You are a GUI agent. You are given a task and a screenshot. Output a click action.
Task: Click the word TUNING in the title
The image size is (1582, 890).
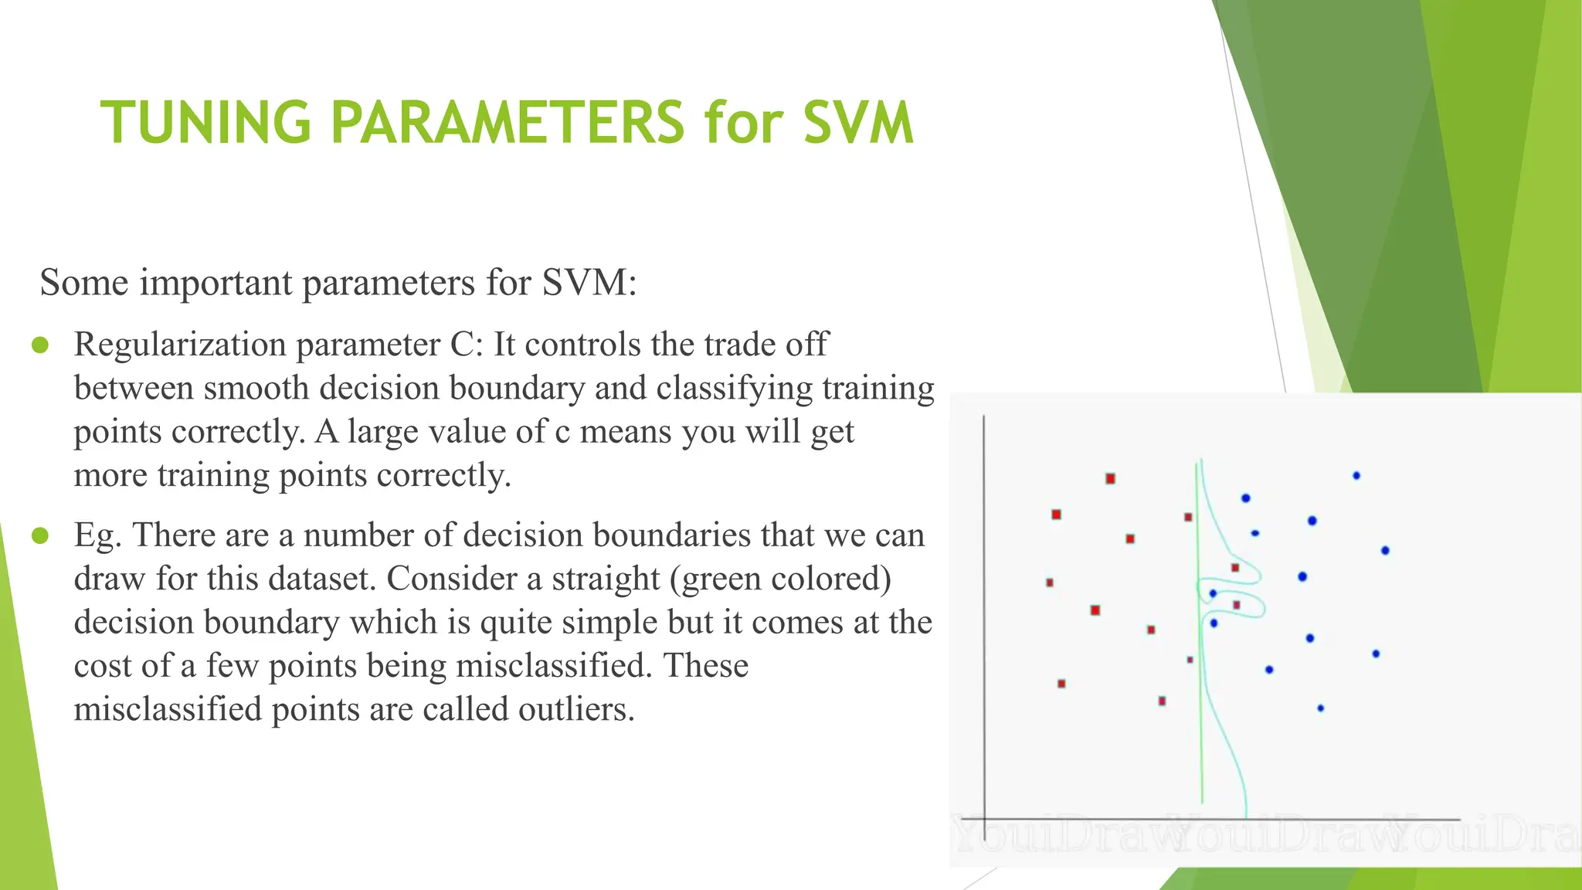(x=205, y=123)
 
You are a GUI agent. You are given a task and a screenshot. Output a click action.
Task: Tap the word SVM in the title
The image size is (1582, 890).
(x=858, y=123)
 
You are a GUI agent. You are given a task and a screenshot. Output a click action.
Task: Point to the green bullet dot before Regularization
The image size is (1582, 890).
(x=41, y=345)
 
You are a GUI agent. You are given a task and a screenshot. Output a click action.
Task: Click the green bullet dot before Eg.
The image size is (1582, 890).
(x=41, y=535)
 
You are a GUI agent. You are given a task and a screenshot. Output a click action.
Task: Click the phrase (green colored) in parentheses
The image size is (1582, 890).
(x=780, y=579)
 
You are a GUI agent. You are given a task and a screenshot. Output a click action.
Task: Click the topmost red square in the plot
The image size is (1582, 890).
(x=1110, y=479)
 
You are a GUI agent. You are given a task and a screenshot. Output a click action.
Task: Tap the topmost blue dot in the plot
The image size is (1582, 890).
(x=1356, y=476)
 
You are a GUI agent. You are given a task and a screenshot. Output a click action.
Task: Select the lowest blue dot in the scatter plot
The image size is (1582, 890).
(x=1320, y=708)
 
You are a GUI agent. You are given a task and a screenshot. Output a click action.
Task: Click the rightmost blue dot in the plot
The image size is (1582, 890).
(x=1385, y=551)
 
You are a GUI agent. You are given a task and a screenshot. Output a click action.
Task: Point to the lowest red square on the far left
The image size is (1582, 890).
(x=1061, y=684)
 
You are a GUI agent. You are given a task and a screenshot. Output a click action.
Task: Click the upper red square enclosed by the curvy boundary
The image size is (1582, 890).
(x=1235, y=568)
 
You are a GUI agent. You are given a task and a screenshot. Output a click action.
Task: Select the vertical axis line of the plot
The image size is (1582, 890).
(x=984, y=618)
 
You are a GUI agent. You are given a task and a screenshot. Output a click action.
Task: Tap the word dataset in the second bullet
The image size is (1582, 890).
(x=321, y=579)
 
